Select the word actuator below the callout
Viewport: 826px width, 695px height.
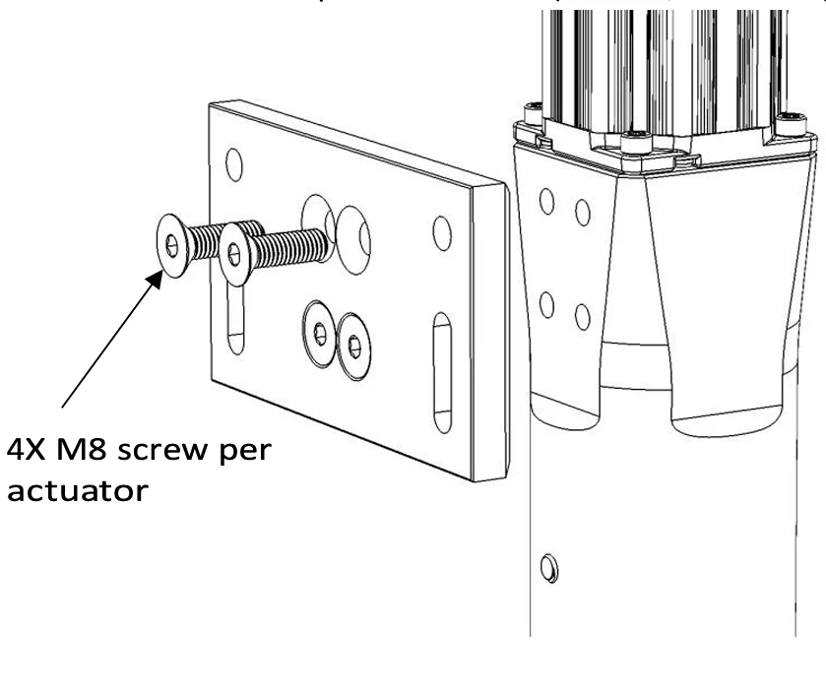pos(80,489)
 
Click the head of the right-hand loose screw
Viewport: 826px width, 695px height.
pos(234,254)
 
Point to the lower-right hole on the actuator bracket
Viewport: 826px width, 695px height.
pos(582,317)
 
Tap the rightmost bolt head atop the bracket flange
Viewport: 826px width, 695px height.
pos(789,123)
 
